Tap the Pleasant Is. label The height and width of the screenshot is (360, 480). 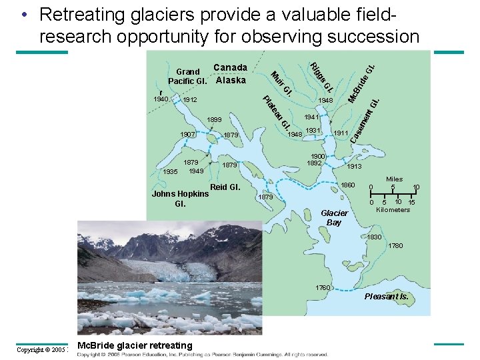point(387,296)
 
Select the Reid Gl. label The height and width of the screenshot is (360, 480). point(225,187)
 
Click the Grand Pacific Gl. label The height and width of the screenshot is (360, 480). point(188,76)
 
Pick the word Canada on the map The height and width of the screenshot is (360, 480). point(231,67)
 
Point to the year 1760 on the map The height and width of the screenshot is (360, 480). point(323,288)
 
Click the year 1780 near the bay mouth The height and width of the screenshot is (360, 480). point(396,247)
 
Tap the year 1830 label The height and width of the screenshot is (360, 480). point(375,237)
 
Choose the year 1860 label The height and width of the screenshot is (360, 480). point(348,185)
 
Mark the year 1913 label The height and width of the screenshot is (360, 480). point(355,167)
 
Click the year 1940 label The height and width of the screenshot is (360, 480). point(161,99)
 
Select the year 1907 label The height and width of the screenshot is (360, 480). point(189,135)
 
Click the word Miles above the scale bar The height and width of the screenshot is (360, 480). point(395,179)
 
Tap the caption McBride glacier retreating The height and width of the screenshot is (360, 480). point(135,345)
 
